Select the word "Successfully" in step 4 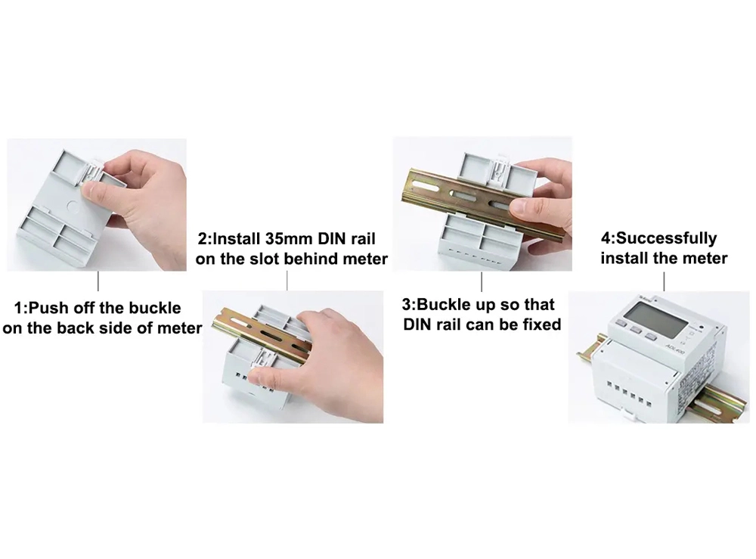click(x=667, y=238)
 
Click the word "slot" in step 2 click(x=262, y=259)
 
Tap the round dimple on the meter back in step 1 click(x=74, y=207)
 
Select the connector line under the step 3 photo click(x=482, y=281)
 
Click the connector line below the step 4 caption click(x=664, y=281)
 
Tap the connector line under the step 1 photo click(x=98, y=281)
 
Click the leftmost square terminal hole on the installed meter click(x=610, y=385)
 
